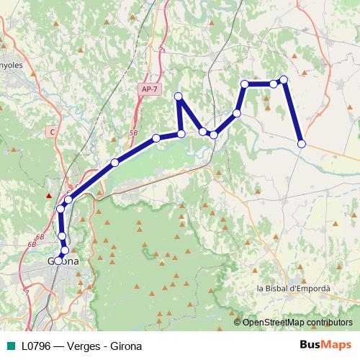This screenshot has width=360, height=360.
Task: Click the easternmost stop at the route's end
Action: pyautogui.click(x=302, y=144)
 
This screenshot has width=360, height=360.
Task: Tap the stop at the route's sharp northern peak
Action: pyautogui.click(x=179, y=96)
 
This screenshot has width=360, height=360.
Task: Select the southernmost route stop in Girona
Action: pyautogui.click(x=58, y=260)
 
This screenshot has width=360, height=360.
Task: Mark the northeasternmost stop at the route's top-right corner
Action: pyautogui.click(x=284, y=80)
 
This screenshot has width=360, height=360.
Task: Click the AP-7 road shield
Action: pyautogui.click(x=150, y=88)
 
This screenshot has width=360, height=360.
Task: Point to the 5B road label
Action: pyautogui.click(x=133, y=134)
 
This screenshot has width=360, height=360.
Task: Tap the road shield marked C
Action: pyautogui.click(x=52, y=132)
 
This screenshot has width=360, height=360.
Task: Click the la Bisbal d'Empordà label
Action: pyautogui.click(x=293, y=288)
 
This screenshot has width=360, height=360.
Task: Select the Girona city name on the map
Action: pyautogui.click(x=63, y=261)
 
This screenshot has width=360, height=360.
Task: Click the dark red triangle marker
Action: pyautogui.click(x=48, y=194)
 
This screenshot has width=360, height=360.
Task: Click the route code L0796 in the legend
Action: pyautogui.click(x=39, y=346)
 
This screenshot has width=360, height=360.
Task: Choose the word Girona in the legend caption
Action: pyautogui.click(x=126, y=346)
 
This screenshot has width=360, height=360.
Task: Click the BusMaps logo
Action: pyautogui.click(x=320, y=346)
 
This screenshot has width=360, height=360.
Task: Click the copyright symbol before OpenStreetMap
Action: pyautogui.click(x=238, y=322)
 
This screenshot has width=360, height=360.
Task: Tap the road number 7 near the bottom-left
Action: pyautogui.click(x=27, y=292)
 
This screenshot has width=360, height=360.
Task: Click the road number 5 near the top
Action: pyautogui.click(x=161, y=48)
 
